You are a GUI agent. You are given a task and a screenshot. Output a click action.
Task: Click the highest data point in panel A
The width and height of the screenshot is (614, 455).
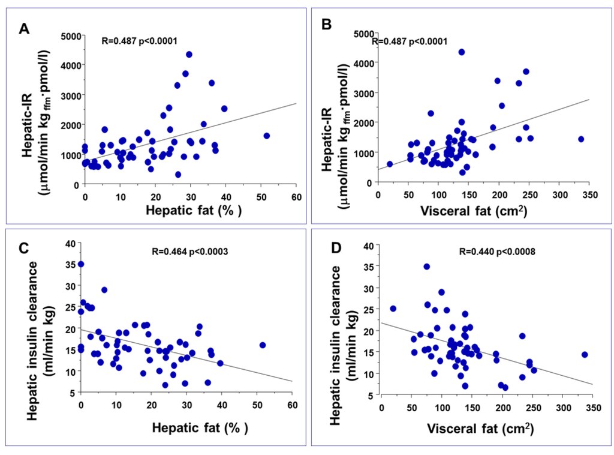tap(189, 55)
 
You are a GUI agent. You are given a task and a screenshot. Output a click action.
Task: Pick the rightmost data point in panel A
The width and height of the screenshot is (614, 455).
tap(266, 136)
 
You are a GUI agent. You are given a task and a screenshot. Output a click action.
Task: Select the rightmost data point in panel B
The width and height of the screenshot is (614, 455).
tap(580, 139)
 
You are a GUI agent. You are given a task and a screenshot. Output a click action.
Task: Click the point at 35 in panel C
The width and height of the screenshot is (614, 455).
tap(81, 264)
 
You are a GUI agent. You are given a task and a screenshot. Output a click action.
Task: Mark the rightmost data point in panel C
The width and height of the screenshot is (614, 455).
tap(263, 345)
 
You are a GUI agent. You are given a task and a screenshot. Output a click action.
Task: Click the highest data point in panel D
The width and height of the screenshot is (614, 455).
tap(427, 267)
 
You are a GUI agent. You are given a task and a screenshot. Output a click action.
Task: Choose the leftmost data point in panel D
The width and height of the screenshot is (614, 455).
tap(393, 309)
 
